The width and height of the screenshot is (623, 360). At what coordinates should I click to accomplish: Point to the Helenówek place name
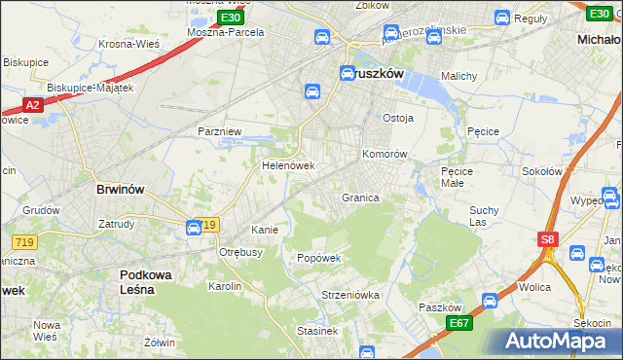tap(289, 165)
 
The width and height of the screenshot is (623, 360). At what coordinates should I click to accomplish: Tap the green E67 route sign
tap(459, 323)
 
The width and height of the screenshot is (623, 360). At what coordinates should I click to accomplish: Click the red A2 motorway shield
tap(31, 105)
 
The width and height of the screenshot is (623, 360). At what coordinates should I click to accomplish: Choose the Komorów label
tap(384, 154)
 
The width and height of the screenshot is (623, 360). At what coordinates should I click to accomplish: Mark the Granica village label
tap(359, 198)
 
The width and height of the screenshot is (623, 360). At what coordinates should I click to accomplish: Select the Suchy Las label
tap(484, 216)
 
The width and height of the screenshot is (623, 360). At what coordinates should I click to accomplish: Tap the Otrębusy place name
tap(241, 252)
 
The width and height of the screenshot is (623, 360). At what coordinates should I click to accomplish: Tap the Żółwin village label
tap(159, 342)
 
